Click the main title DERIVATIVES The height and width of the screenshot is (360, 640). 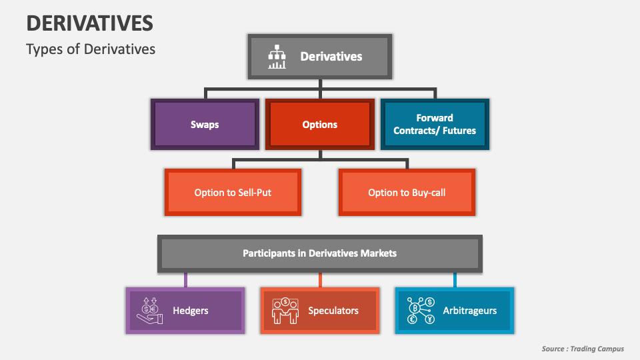tap(89, 23)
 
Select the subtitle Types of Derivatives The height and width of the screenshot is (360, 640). tap(91, 49)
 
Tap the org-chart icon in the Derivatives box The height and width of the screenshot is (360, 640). tap(277, 57)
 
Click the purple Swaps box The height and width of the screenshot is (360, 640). tap(205, 124)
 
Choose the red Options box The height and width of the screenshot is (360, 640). tap(320, 124)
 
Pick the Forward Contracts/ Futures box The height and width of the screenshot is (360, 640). tap(435, 124)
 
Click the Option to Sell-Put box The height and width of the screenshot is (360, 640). tap(233, 192)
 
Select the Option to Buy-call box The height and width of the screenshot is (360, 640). tap(407, 192)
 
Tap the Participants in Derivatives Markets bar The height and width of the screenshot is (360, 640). tap(319, 253)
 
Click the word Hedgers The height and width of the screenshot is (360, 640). tap(191, 311)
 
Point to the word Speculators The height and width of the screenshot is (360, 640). tap(333, 311)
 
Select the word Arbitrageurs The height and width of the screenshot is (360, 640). tap(470, 311)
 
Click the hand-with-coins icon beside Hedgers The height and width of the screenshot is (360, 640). tap(150, 311)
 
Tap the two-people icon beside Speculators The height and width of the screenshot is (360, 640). tap(285, 311)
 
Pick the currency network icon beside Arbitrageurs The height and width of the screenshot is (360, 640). tap(421, 311)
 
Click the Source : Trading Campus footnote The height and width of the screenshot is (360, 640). tap(583, 349)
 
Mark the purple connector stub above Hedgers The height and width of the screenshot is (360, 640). tap(185, 280)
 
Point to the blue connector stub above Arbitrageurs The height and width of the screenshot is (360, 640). tap(455, 280)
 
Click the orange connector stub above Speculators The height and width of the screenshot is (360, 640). tap(320, 280)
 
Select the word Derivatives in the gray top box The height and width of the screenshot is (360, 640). tap(331, 57)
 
